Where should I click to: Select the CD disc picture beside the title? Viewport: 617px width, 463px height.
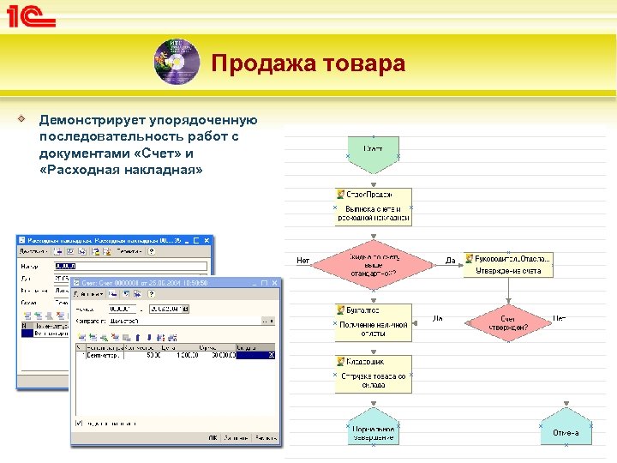pyautogui.click(x=175, y=61)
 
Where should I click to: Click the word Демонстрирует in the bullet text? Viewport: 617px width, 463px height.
pyautogui.click(x=93, y=121)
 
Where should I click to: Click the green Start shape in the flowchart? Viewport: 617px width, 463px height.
pyautogui.click(x=373, y=153)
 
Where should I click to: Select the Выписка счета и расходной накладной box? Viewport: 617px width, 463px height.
pyautogui.click(x=373, y=207)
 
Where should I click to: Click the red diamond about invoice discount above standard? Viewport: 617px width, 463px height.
pyautogui.click(x=373, y=264)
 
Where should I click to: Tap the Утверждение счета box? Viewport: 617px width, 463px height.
pyautogui.click(x=508, y=264)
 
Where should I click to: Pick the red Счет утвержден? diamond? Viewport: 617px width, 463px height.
pyautogui.click(x=508, y=322)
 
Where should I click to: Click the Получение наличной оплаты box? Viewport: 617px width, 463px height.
pyautogui.click(x=373, y=322)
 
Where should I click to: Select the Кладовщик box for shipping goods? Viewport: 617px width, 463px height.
pyautogui.click(x=373, y=374)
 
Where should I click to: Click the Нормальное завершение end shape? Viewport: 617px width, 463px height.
pyautogui.click(x=373, y=431)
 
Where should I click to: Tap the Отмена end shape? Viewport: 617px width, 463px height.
pyautogui.click(x=566, y=431)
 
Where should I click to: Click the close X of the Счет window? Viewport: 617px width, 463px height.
pyautogui.click(x=273, y=282)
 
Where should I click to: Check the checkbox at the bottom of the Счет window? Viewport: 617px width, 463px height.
pyautogui.click(x=79, y=423)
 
